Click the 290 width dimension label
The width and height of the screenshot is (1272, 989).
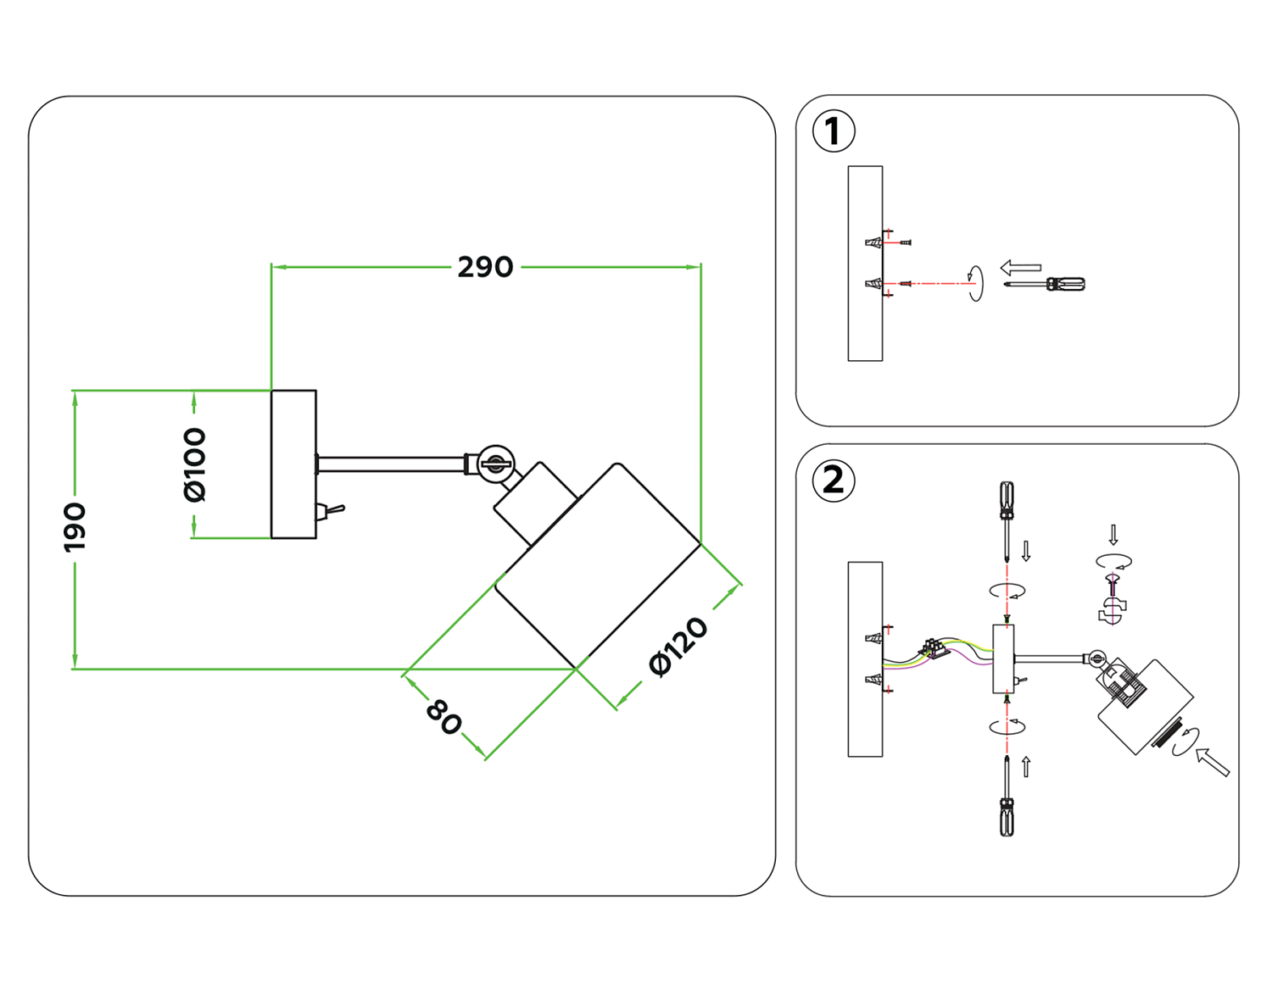click(x=485, y=267)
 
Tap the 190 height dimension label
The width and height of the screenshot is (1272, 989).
click(x=75, y=526)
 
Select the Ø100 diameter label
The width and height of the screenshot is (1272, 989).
click(x=195, y=464)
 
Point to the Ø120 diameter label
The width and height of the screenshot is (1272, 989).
click(x=678, y=647)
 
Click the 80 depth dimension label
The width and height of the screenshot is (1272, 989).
click(x=444, y=716)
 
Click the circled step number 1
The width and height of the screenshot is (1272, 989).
click(x=833, y=131)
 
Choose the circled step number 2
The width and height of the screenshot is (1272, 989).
click(x=833, y=481)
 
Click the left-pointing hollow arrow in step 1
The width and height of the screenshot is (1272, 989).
click(x=1020, y=268)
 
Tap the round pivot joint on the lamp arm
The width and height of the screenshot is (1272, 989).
click(x=495, y=464)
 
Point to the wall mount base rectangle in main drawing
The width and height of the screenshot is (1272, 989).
click(x=293, y=464)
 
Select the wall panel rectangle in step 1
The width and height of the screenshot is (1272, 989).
click(x=865, y=263)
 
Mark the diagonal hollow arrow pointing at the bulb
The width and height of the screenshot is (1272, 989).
click(x=1213, y=760)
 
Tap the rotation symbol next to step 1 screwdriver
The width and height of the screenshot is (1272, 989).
click(x=976, y=282)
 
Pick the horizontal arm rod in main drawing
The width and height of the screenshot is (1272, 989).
click(x=390, y=464)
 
